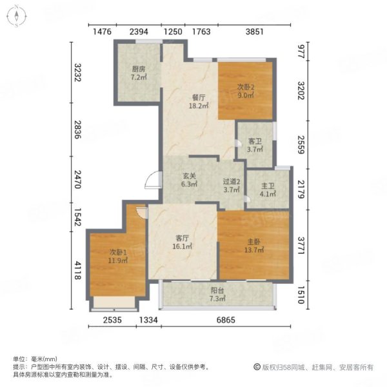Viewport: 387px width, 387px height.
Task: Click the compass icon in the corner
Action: click(x=16, y=16)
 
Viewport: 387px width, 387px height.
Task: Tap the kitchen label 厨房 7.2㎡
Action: click(x=139, y=73)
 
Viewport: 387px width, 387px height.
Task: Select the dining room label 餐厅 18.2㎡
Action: click(x=199, y=101)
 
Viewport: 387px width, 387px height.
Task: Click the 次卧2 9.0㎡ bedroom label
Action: click(x=246, y=91)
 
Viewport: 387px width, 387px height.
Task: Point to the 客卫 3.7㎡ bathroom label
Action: click(x=255, y=145)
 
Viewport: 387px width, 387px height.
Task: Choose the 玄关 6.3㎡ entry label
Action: click(x=189, y=180)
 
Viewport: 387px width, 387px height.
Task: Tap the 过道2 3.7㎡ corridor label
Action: click(x=232, y=186)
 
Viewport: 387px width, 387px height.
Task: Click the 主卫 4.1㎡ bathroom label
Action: click(x=268, y=190)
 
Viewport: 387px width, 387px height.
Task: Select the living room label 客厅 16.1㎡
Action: click(x=183, y=242)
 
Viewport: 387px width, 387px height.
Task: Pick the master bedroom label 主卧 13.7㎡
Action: click(x=254, y=246)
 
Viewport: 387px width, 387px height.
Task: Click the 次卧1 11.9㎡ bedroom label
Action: click(x=118, y=256)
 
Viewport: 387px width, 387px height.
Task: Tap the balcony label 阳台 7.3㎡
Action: click(x=217, y=294)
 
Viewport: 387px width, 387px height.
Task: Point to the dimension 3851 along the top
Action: click(x=255, y=32)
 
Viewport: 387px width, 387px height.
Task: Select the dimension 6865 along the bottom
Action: click(x=226, y=320)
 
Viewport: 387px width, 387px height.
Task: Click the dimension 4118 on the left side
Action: click(x=78, y=270)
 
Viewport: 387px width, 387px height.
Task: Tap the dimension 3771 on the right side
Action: click(x=301, y=245)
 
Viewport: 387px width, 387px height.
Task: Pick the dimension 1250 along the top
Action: click(x=173, y=32)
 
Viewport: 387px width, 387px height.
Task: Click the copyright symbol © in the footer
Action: click(x=257, y=367)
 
